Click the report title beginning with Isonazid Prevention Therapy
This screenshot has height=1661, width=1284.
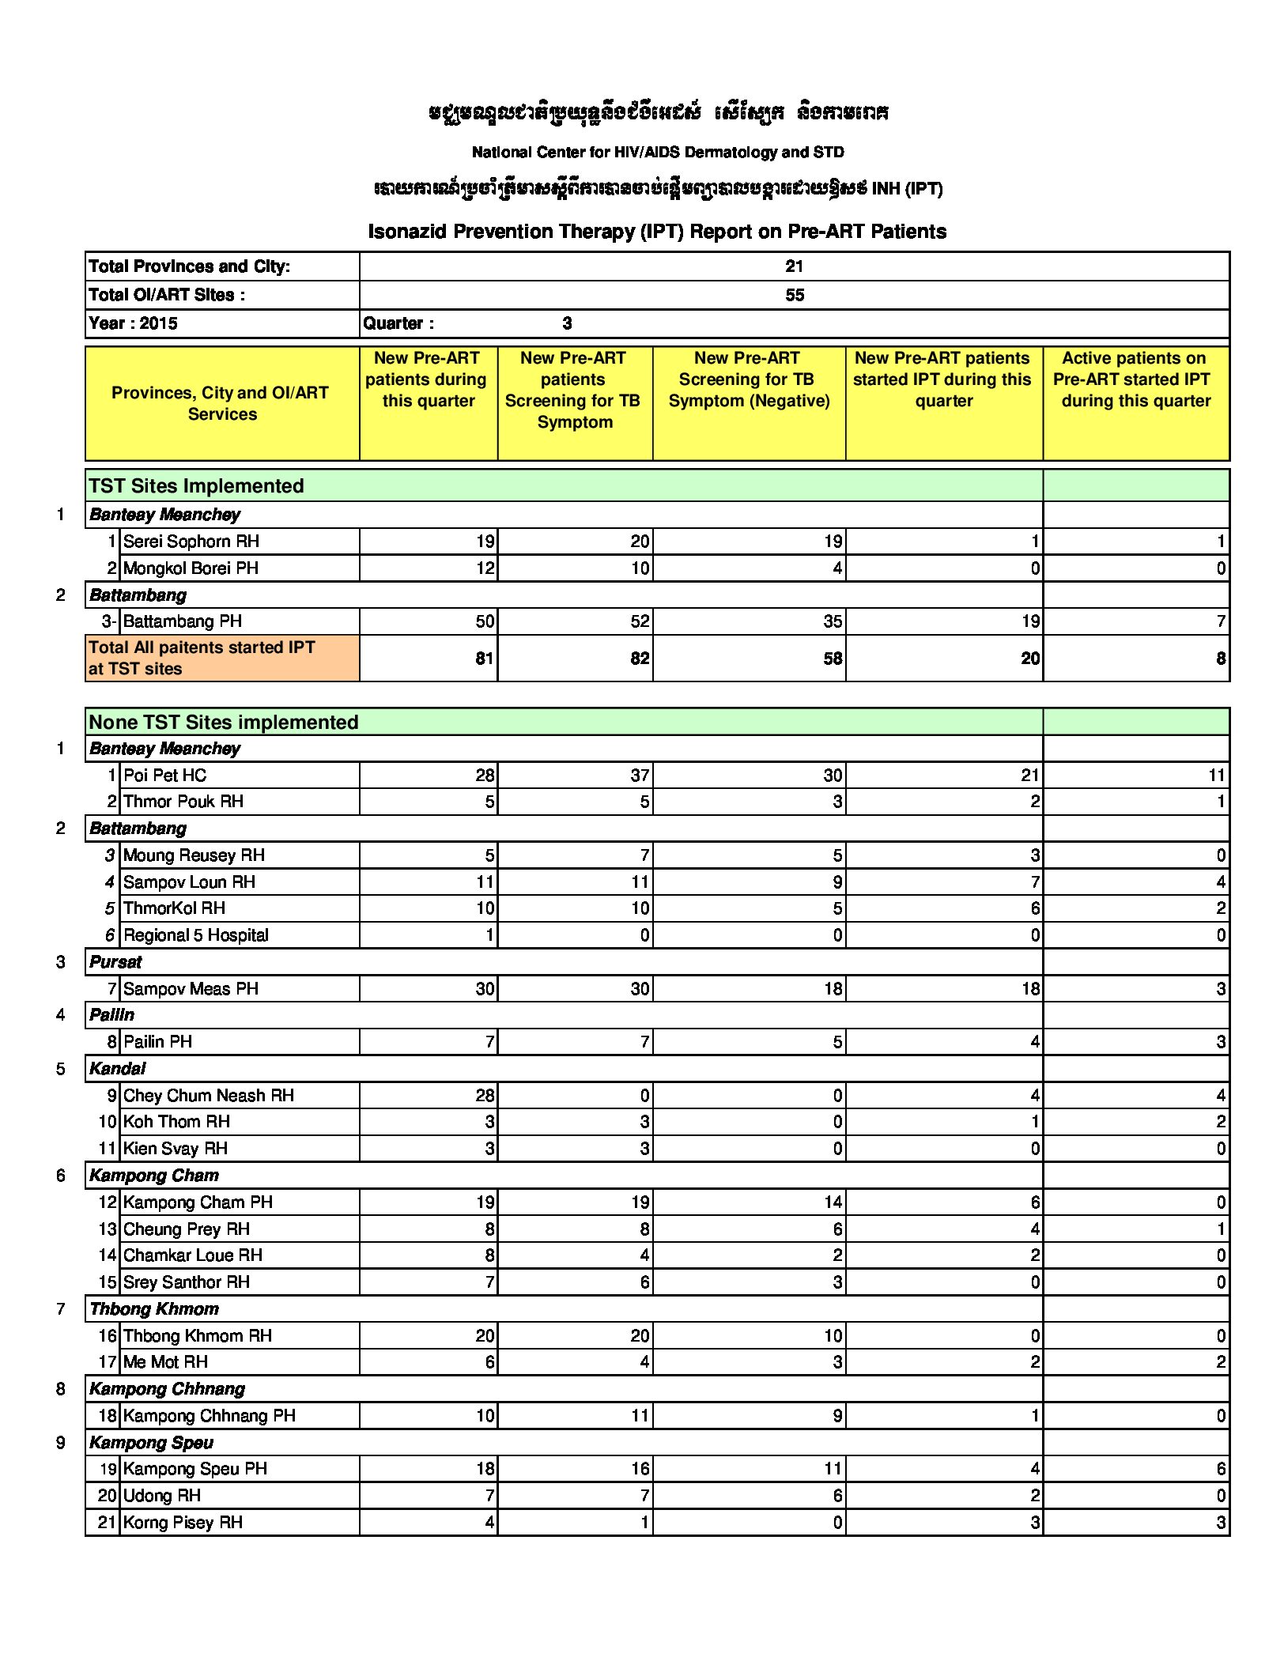click(x=657, y=232)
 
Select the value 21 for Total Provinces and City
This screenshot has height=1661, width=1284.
click(x=794, y=266)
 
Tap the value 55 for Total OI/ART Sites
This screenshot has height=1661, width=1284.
click(x=794, y=295)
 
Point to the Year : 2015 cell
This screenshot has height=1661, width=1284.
click(x=134, y=323)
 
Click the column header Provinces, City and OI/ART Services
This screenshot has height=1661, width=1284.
click(x=221, y=403)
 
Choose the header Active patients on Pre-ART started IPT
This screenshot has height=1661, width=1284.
click(x=1135, y=379)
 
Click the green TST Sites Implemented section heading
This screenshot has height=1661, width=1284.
click(x=196, y=485)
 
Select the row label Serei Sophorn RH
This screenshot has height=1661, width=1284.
click(x=191, y=542)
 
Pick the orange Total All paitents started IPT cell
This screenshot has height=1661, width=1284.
click(x=202, y=658)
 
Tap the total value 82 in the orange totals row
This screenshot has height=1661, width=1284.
click(x=640, y=659)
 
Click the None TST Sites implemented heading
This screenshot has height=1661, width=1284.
click(x=224, y=722)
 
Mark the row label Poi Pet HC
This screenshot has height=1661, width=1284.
click(x=165, y=776)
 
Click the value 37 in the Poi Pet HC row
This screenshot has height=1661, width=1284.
click(x=640, y=776)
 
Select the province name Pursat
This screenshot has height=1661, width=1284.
click(x=115, y=962)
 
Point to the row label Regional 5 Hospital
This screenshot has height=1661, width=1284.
click(x=196, y=935)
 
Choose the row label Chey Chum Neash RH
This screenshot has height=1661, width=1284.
click(x=209, y=1096)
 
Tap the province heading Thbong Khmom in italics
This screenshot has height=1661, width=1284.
click(x=154, y=1309)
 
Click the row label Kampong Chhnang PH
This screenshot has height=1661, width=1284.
click(x=210, y=1416)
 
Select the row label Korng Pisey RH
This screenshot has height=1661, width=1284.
click(x=183, y=1523)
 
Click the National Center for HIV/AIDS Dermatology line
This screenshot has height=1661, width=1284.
click(x=658, y=152)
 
